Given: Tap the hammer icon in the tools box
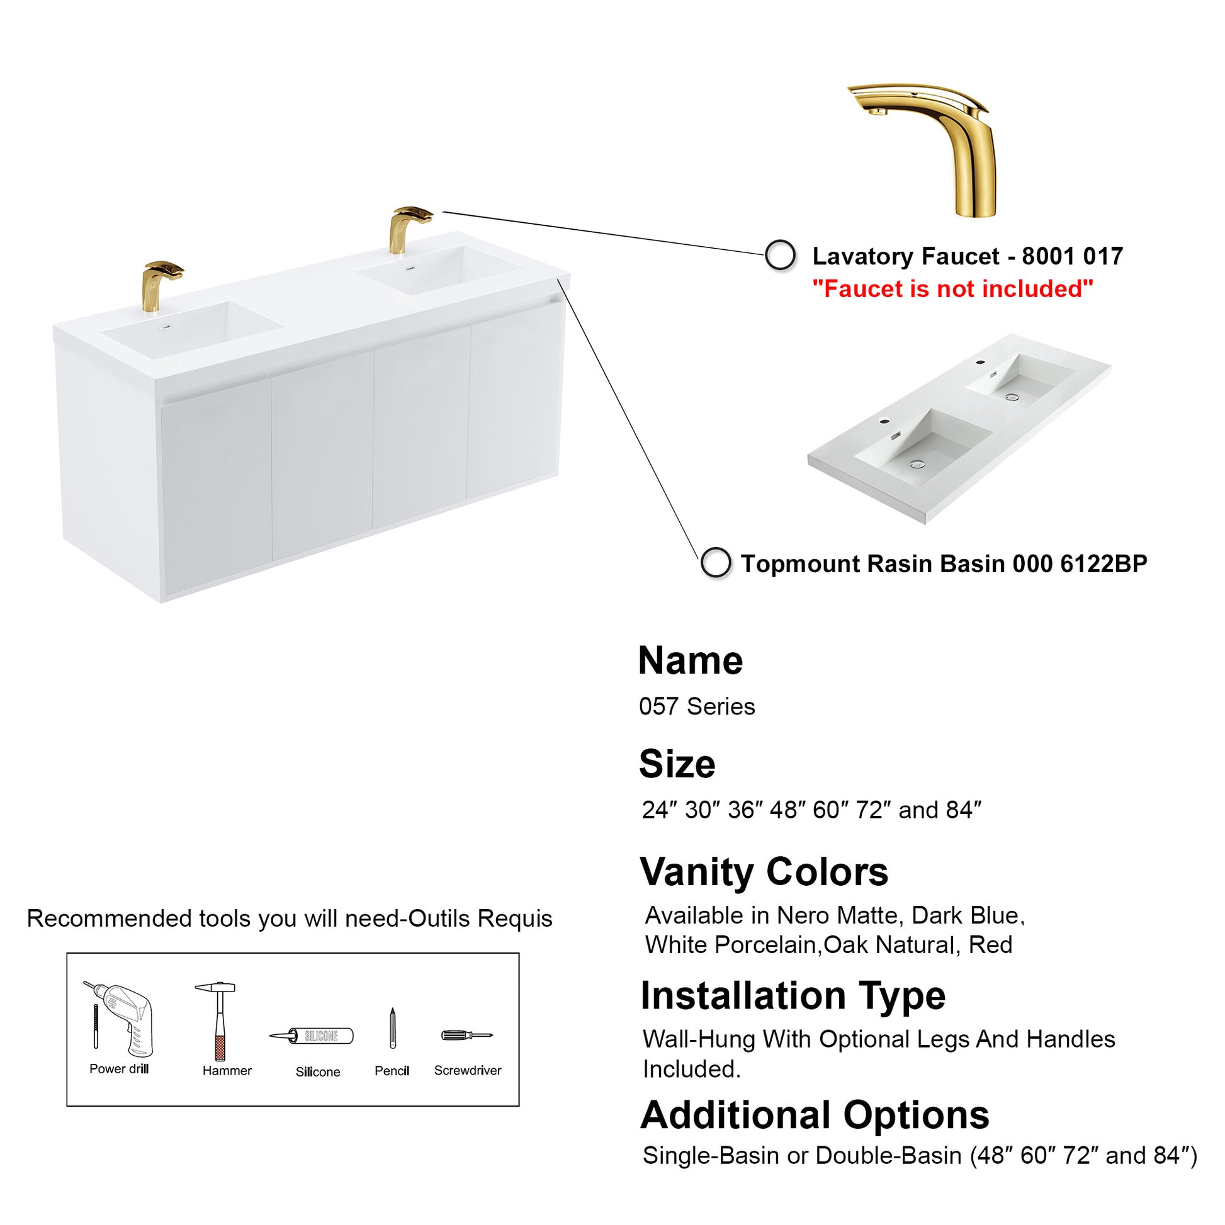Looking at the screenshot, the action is point(215,1020).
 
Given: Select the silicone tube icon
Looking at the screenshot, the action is point(312,1036).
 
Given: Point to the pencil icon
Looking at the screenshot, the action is point(392,1027).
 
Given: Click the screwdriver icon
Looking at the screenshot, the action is point(466,1036).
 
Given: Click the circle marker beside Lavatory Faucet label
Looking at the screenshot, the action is point(780,256).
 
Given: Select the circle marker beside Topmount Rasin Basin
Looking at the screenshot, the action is point(715,563).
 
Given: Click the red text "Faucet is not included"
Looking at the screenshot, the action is point(953,289).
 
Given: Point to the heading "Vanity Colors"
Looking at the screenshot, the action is point(764,872).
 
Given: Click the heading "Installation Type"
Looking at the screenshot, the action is point(793,995).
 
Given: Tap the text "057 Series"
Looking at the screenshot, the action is point(697,706).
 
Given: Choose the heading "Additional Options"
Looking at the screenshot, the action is point(815,1115).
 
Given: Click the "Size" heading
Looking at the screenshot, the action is point(677,764).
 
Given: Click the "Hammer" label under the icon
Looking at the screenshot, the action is point(227,1071).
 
